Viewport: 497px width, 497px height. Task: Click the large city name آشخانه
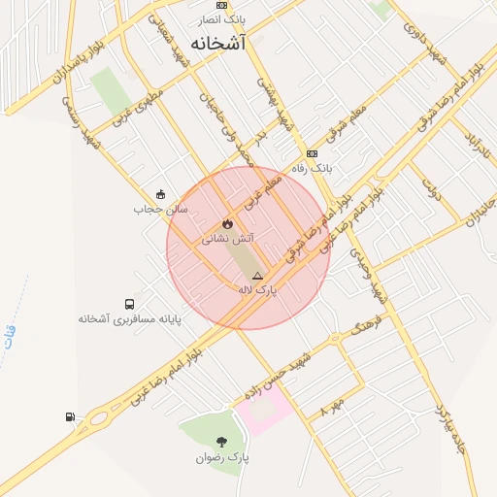(218, 44)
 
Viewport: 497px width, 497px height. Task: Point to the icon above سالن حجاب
(160, 193)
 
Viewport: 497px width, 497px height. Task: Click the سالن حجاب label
(160, 209)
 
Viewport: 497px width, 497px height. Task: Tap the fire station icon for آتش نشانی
(227, 223)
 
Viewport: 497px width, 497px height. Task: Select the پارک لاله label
(258, 289)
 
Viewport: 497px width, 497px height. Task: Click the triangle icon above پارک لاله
(257, 276)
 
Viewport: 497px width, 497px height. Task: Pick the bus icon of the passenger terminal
(130, 304)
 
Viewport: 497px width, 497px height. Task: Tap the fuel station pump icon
(70, 417)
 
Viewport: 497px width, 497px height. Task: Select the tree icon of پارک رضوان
(222, 443)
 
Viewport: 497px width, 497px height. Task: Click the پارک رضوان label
(222, 457)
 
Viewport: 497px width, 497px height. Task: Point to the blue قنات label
(10, 337)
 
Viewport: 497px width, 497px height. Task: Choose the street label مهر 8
(333, 407)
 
